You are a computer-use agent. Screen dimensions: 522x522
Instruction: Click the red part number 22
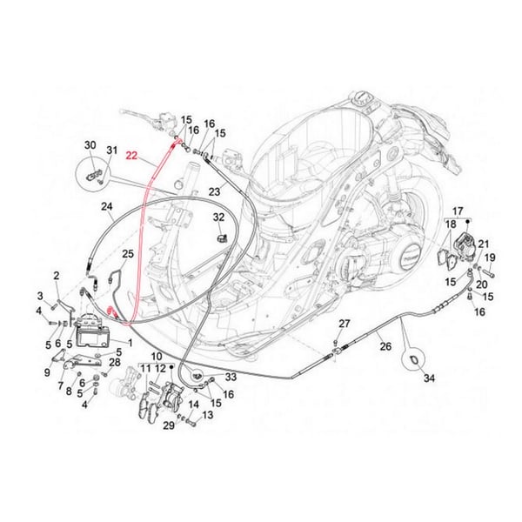130,157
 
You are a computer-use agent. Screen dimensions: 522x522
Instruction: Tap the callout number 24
107,207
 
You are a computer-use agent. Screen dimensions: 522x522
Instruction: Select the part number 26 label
385,346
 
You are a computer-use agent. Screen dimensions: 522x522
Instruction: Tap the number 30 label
90,145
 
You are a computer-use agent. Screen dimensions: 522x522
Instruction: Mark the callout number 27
344,325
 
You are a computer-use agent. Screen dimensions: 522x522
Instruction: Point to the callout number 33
230,378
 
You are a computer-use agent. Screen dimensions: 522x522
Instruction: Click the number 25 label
128,254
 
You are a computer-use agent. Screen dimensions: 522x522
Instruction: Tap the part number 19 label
490,257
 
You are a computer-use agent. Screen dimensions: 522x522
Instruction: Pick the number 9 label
47,372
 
